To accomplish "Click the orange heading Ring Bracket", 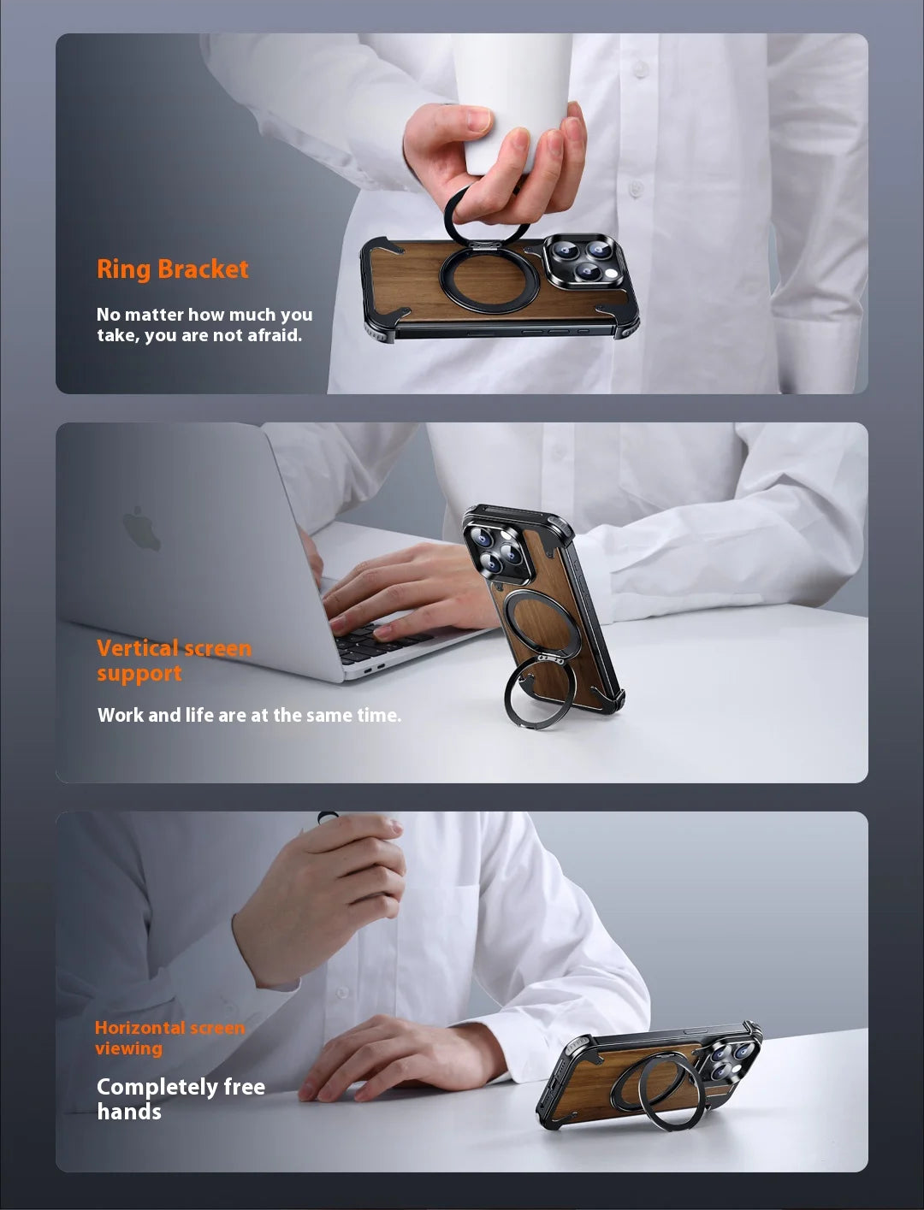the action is [x=173, y=269].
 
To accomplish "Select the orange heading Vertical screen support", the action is [x=175, y=661].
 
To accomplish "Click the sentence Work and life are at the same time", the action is [x=249, y=715].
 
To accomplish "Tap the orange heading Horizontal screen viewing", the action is [x=169, y=1037].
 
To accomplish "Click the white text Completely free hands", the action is [x=181, y=1099].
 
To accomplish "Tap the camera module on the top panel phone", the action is [x=586, y=259].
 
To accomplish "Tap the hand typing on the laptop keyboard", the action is [x=402, y=594].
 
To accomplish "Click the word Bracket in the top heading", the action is [x=203, y=269].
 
